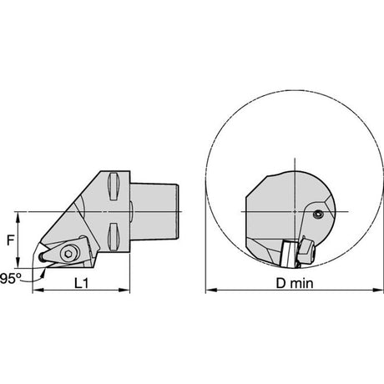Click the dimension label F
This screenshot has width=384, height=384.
tap(10, 240)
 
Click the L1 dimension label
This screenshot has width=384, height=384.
tap(82, 283)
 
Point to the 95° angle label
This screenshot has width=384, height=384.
tap(11, 279)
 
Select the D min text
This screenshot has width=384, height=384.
tap(295, 283)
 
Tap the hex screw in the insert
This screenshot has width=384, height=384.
tap(68, 254)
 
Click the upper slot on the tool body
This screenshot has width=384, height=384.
tap(114, 186)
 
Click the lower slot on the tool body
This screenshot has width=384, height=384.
tap(114, 237)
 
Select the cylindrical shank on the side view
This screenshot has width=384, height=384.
tap(154, 211)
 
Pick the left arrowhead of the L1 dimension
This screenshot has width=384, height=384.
tap(38, 291)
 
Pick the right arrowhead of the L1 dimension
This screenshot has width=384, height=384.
tap(124, 291)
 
